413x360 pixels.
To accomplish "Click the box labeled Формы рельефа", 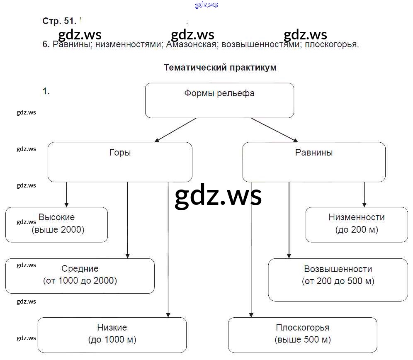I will pyautogui.click(x=219, y=100).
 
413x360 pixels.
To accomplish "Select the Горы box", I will pyautogui.click(x=120, y=162).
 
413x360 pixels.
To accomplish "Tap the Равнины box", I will pyautogui.click(x=313, y=162).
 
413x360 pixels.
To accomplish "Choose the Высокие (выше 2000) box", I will pyautogui.click(x=56, y=224).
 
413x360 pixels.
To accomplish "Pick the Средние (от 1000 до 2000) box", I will pyautogui.click(x=80, y=275).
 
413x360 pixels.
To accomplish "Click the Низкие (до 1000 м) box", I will pyautogui.click(x=112, y=335).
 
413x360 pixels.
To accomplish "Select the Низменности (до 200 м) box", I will pyautogui.click(x=357, y=224).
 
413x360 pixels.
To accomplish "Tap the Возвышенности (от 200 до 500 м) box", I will pyautogui.click(x=338, y=280).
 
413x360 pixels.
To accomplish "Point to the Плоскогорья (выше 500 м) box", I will pyautogui.click(x=302, y=335).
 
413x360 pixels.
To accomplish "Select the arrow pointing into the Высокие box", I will pyautogui.click(x=66, y=195).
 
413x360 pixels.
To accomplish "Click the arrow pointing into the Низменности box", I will pyautogui.click(x=364, y=195).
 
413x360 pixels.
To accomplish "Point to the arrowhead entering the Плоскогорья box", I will pyautogui.click(x=251, y=314).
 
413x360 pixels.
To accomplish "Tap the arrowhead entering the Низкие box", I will pyautogui.click(x=168, y=314).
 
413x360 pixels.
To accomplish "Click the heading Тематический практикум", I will pyautogui.click(x=220, y=68).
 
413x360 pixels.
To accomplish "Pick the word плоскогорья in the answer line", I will pyautogui.click(x=331, y=45).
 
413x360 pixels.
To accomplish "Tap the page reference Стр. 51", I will pyautogui.click(x=59, y=21).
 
